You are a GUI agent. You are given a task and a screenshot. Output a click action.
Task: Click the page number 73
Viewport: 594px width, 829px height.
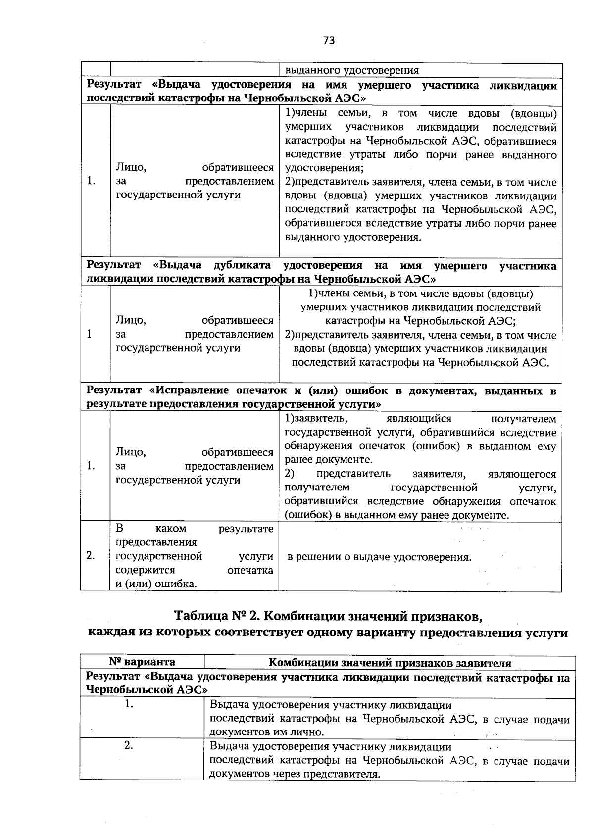click(x=329, y=41)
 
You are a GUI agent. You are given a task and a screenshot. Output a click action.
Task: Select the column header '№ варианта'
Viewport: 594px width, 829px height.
click(x=142, y=662)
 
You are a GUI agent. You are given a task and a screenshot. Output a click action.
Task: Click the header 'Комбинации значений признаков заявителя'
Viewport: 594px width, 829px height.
click(x=390, y=663)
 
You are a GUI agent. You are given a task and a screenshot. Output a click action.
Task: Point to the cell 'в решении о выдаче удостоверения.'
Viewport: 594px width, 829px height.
click(x=380, y=557)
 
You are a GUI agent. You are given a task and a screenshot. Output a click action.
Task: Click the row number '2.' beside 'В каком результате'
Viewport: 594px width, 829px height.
click(x=90, y=556)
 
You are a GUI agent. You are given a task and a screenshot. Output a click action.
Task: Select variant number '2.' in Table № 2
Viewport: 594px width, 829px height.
click(x=129, y=746)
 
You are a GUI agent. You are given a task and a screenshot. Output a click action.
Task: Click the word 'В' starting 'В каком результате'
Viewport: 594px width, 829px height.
click(x=119, y=529)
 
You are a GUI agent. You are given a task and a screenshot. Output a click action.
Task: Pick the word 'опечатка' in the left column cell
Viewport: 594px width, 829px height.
click(x=250, y=570)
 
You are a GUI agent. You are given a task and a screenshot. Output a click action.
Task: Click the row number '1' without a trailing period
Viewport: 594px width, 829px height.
click(x=90, y=334)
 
